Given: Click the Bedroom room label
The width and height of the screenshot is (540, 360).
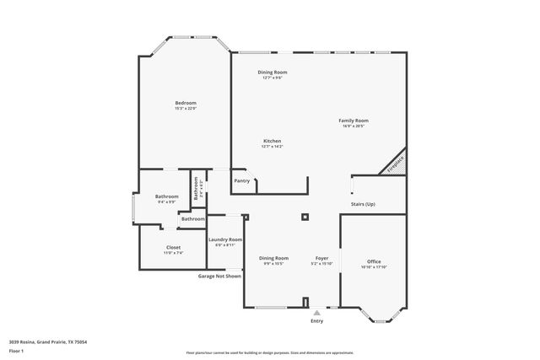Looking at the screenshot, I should pyautogui.click(x=185, y=103).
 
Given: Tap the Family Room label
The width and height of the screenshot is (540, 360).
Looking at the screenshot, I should pyautogui.click(x=354, y=121).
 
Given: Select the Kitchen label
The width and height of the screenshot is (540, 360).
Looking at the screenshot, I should pyautogui.click(x=272, y=141).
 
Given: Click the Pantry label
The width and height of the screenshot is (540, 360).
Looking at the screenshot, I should pyautogui.click(x=241, y=180).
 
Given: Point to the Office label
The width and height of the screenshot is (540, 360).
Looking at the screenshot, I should pyautogui.click(x=374, y=261).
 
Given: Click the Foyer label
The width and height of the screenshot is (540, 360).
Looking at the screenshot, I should pyautogui.click(x=321, y=258).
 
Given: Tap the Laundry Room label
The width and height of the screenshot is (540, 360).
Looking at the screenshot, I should pyautogui.click(x=225, y=239).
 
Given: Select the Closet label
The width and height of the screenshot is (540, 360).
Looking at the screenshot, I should pyautogui.click(x=172, y=248).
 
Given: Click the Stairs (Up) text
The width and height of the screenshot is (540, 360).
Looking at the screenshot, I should pyautogui.click(x=363, y=204).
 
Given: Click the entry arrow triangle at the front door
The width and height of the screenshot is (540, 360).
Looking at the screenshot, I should pyautogui.click(x=317, y=312).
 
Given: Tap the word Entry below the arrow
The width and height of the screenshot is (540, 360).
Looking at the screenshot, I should pyautogui.click(x=316, y=321).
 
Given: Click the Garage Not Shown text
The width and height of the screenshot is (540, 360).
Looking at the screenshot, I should pyautogui.click(x=219, y=276).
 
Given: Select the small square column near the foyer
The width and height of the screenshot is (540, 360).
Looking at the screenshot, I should pyautogui.click(x=305, y=217).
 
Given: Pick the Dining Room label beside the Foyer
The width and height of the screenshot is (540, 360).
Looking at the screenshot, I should pyautogui.click(x=273, y=258).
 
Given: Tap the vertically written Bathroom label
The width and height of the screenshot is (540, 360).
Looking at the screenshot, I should pyautogui.click(x=197, y=187).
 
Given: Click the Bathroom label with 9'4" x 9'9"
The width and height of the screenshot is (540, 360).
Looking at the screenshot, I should pyautogui.click(x=166, y=196).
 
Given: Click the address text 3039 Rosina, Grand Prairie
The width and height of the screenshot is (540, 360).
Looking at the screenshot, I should pyautogui.click(x=48, y=341).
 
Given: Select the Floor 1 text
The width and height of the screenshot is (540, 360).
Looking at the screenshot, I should pyautogui.click(x=16, y=350).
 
